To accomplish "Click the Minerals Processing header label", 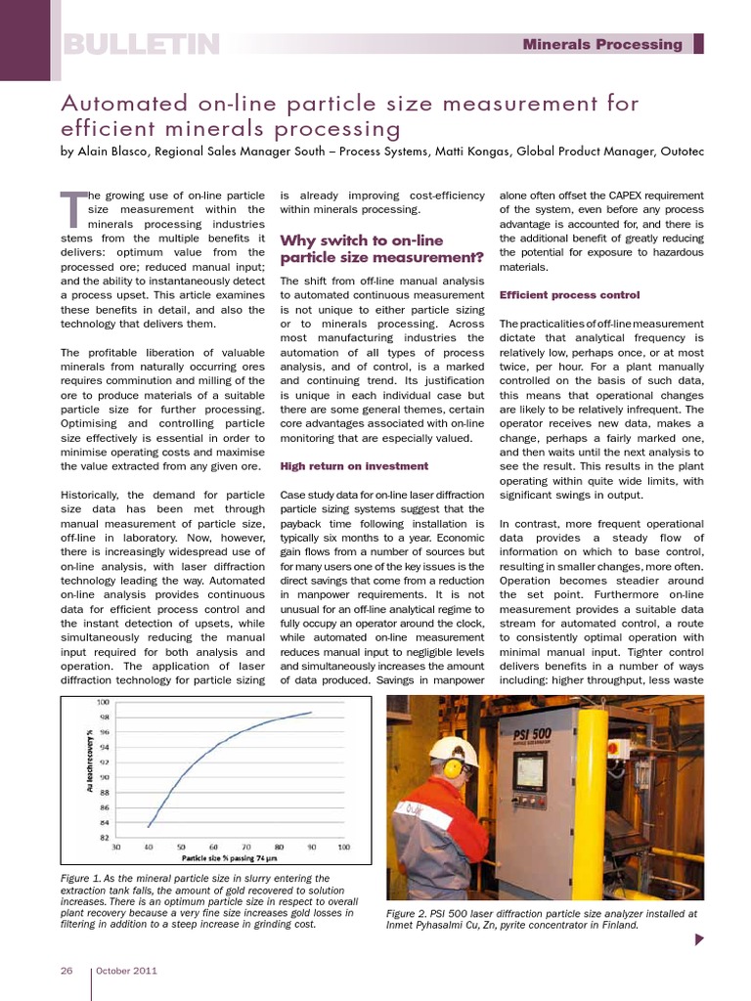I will [602, 44].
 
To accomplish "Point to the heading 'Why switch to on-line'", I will [362, 240].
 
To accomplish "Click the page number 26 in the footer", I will [66, 971].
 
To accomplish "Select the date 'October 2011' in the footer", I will [126, 971].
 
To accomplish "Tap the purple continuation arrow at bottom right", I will [699, 940].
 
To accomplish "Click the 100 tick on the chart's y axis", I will [103, 702].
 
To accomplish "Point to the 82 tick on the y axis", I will [103, 838].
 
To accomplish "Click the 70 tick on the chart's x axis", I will [245, 847].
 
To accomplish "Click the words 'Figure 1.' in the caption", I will [81, 879].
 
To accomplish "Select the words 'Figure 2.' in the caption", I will [409, 914].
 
